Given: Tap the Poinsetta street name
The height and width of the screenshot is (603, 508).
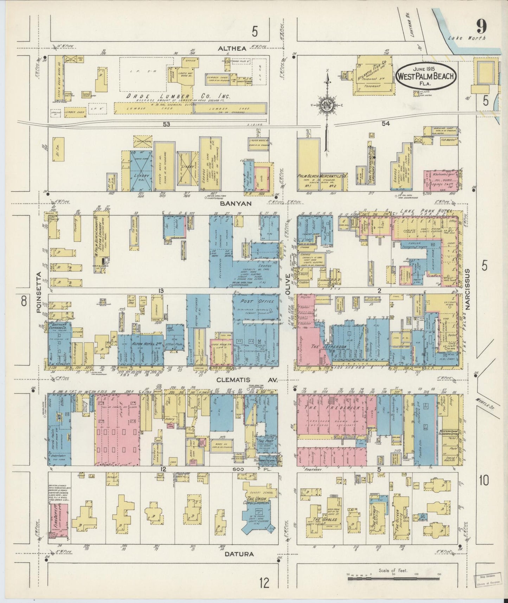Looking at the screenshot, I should [39, 292].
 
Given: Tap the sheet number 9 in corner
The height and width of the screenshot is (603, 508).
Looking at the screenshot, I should [481, 26].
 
